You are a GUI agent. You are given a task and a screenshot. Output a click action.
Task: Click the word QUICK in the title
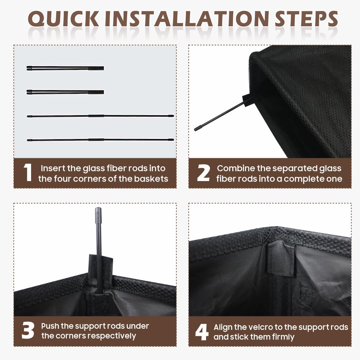(63, 19)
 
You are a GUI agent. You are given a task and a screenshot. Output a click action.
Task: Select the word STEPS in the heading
(306, 19)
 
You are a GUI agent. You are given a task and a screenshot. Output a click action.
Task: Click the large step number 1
(28, 173)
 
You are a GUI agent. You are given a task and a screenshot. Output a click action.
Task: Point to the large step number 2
(203, 173)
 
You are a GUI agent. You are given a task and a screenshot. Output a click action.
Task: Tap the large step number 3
(28, 330)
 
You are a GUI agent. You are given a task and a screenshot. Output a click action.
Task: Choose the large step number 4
(202, 332)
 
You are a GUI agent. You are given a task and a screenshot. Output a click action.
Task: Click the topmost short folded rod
(65, 68)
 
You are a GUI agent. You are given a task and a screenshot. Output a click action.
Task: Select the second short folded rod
(65, 92)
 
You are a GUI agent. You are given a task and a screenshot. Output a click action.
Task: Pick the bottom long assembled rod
(100, 140)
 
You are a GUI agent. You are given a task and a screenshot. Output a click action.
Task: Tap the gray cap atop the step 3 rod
(98, 215)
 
